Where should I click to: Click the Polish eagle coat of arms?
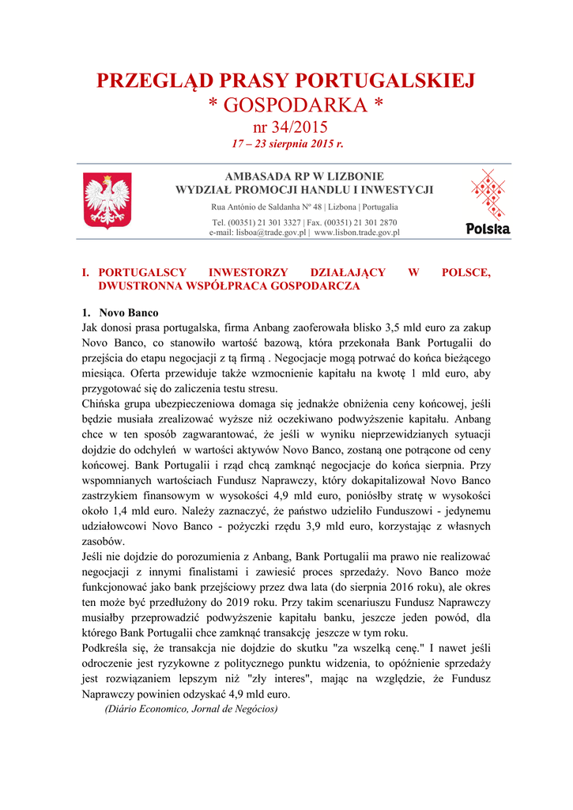[107, 201]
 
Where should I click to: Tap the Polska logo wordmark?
[488, 229]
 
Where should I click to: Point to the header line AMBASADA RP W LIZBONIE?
[304, 176]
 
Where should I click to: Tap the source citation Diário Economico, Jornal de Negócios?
[191, 709]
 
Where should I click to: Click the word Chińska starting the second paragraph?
[103, 403]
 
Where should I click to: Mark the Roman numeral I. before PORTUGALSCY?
[87, 272]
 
